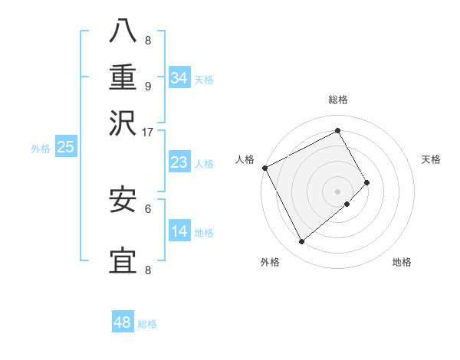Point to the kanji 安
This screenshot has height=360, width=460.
[x=123, y=199]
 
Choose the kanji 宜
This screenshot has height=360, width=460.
[x=123, y=260]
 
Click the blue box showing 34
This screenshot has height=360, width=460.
[x=179, y=77]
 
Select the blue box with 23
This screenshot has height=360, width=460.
[x=179, y=162]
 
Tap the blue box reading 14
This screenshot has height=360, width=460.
[x=179, y=231]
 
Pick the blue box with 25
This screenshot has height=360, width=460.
[x=65, y=147]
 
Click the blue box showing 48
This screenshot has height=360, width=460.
[x=123, y=322]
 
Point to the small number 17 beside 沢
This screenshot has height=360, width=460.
[x=148, y=131]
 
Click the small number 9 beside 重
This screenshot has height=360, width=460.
[x=148, y=86]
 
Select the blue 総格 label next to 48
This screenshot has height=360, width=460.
[x=147, y=324]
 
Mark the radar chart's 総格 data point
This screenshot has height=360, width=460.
[x=337, y=130]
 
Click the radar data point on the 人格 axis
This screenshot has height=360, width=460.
[x=264, y=168]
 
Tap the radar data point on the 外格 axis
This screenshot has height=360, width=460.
[x=301, y=241]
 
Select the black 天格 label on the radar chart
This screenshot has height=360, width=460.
[x=431, y=159]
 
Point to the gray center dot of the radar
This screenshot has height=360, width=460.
[x=337, y=190]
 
